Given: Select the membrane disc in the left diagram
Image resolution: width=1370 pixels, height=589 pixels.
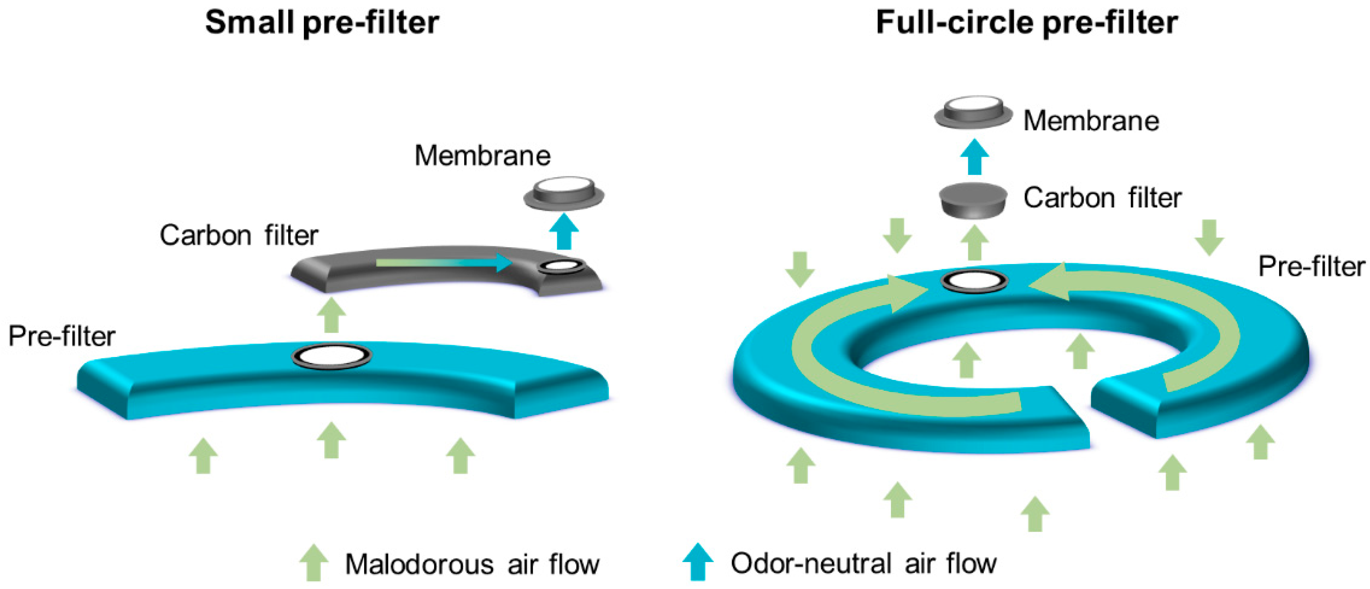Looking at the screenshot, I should point(564,193).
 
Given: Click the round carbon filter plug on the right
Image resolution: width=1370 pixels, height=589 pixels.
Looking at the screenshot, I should point(973,201).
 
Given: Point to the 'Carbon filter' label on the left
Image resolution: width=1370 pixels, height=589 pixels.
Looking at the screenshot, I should point(239,235).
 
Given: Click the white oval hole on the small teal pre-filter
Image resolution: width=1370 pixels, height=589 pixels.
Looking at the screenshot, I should point(332,356).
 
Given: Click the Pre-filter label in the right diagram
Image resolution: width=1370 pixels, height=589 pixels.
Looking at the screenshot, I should point(1311,266).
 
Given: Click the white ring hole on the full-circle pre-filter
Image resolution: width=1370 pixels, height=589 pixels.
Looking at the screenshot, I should point(974,281).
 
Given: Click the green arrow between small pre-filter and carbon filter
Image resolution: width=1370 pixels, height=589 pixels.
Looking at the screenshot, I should point(331,315).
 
